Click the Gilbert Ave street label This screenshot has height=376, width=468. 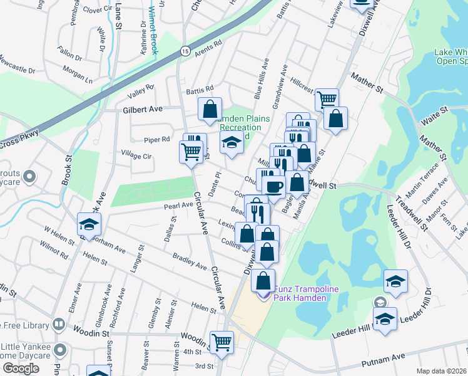pos(141,108)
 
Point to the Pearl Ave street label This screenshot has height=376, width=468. pos(178,205)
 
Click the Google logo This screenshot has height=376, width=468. pos(21,368)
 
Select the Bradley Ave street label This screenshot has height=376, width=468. pos(190,262)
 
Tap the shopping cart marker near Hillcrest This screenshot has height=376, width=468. pos(327,99)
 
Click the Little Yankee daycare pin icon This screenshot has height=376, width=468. pos(59,348)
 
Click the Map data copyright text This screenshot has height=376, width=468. pos(442,371)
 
